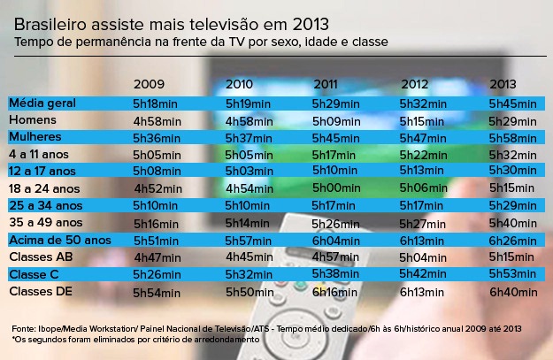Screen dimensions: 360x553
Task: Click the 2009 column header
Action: click(149, 85)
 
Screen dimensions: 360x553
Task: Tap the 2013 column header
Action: click(504, 85)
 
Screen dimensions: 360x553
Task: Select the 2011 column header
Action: click(326, 85)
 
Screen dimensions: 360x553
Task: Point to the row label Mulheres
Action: click(35, 137)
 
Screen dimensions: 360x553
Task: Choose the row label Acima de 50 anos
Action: click(59, 240)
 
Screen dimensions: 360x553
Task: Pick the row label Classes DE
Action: click(40, 291)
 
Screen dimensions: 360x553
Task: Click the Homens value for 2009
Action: click(157, 120)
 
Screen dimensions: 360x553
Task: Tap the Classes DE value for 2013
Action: click(513, 292)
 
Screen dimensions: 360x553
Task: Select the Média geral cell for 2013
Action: click(513, 103)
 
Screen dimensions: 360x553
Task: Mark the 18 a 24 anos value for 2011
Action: click(336, 188)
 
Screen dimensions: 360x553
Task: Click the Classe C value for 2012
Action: click(424, 274)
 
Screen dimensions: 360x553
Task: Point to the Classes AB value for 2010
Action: click(249, 257)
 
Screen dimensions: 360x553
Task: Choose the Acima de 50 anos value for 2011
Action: click(336, 241)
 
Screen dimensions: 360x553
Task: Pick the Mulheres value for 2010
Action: click(249, 138)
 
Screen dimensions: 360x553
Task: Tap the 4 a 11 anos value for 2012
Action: click(424, 155)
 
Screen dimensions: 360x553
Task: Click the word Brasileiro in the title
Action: click(52, 24)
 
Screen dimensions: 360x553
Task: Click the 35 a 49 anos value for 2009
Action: click(157, 223)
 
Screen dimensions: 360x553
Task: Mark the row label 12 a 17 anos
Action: click(42, 171)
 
